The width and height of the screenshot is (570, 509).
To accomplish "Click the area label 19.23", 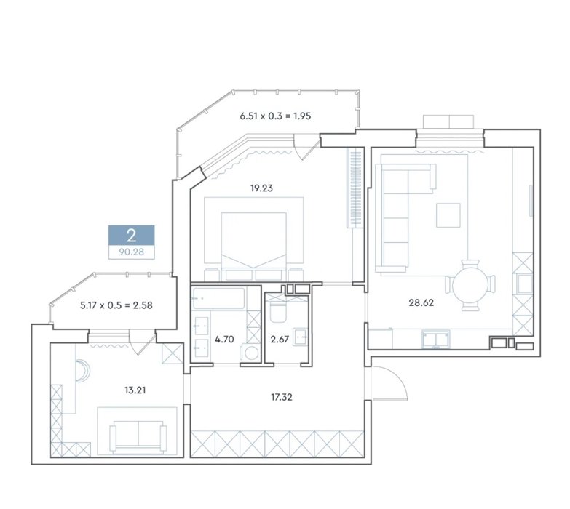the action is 261,188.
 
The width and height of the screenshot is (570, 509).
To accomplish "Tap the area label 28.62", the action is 421,302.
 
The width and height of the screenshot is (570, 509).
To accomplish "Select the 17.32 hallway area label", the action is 282,397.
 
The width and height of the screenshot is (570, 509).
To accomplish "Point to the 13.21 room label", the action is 135,390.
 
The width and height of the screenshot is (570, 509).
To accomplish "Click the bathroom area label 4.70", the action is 224,340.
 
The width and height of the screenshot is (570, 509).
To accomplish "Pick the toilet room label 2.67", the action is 280,340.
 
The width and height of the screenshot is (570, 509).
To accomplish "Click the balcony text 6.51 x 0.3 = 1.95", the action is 275,116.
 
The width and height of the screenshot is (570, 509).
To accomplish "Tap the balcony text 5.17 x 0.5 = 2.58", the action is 116,305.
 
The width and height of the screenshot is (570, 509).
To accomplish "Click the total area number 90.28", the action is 132,252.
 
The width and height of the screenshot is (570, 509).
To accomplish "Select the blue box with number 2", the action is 132,236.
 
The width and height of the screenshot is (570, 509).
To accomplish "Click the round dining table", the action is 471,285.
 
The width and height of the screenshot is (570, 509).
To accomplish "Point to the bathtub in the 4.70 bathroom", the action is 219,298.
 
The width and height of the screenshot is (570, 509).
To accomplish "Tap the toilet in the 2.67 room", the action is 279,312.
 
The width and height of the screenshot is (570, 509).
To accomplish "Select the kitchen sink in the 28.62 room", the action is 436,339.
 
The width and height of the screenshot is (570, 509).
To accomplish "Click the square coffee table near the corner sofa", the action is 448,215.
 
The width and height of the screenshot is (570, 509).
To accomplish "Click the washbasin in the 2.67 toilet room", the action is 301,337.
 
